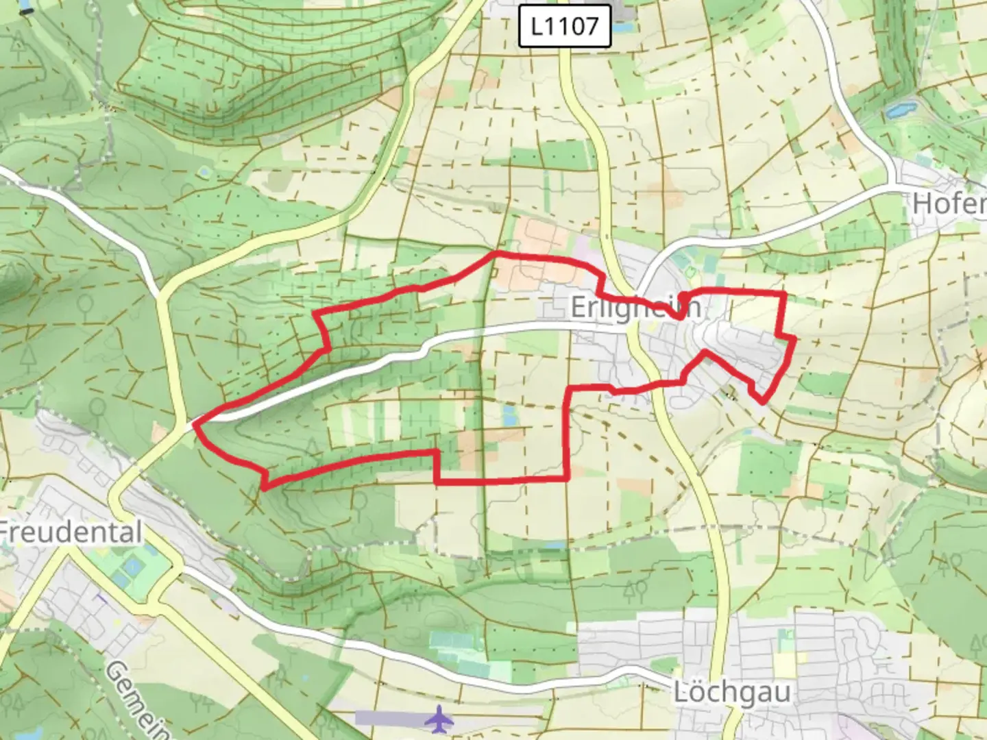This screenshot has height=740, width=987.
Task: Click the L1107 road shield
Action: tap(564, 27)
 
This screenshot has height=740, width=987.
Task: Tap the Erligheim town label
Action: tap(635, 307)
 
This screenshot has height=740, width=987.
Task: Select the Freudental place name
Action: tap(71, 532)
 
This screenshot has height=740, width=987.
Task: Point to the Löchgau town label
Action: tap(731, 691)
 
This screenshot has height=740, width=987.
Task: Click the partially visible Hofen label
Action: tap(949, 203)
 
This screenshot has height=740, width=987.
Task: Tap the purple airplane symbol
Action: tap(439, 719)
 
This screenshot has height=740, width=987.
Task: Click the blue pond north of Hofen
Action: tap(899, 109)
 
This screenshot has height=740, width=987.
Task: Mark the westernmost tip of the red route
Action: tap(196, 425)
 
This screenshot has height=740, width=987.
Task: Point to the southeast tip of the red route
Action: tap(762, 402)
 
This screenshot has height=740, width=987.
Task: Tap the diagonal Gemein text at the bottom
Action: tap(137, 699)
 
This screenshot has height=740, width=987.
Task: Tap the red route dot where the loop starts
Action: tap(682, 297)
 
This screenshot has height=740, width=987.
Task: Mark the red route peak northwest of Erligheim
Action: tap(496, 254)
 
